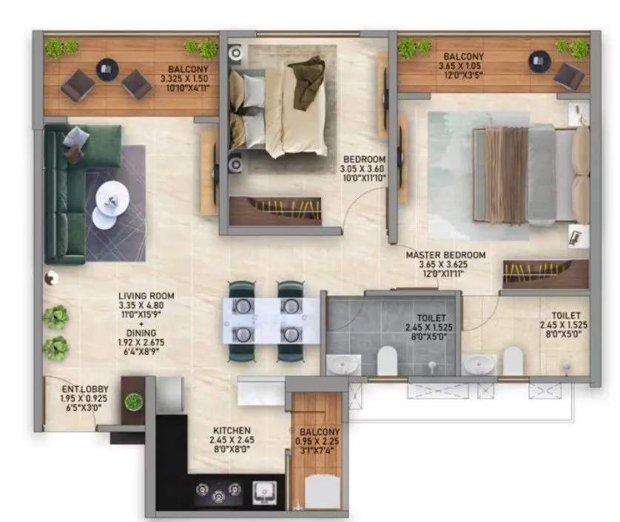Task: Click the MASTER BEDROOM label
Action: coord(445,255)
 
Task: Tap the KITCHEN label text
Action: coord(232,430)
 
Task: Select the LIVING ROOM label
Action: coord(146,296)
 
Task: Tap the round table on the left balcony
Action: coord(106,70)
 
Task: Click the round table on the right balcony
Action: coord(539,60)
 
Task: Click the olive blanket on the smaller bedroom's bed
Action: coord(305,83)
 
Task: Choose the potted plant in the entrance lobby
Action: coord(133,401)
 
